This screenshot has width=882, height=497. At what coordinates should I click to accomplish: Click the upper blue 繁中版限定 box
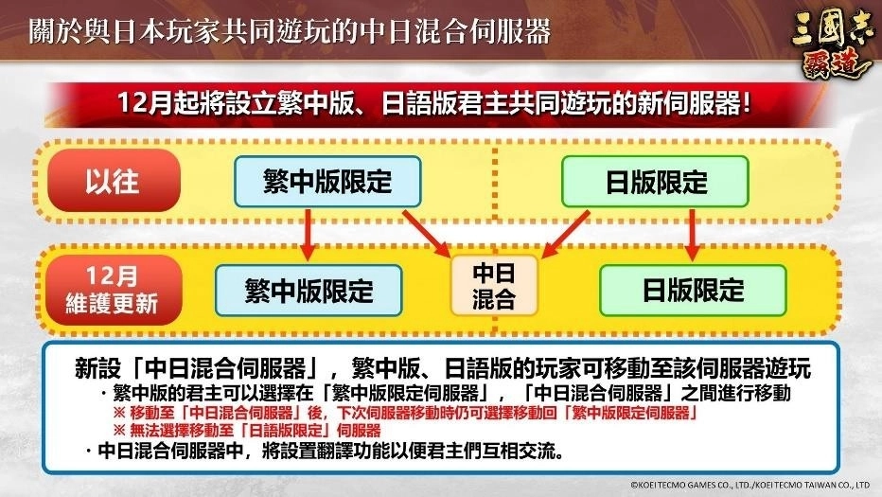point(327,180)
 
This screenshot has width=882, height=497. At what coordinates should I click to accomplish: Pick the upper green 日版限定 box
point(655,180)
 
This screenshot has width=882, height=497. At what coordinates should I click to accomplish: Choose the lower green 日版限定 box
point(694,290)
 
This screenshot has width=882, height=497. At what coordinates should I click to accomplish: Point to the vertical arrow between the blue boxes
point(307,234)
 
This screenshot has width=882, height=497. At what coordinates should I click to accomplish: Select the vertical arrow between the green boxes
point(693,234)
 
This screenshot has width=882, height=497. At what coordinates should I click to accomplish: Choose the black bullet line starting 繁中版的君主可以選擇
point(445,392)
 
